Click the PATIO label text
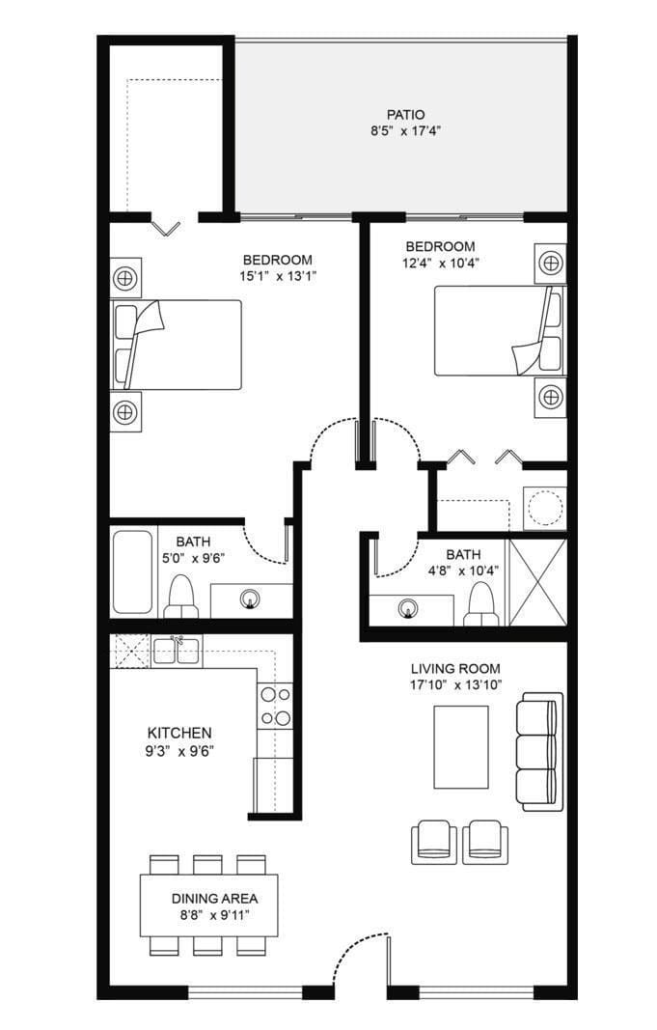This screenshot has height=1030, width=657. pos(405,115)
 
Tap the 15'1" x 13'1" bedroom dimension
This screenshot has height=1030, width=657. pos(278,276)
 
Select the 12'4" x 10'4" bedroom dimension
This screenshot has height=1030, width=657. pos(440,264)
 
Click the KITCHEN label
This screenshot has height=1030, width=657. pos(179,733)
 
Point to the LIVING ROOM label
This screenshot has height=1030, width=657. pos(455,669)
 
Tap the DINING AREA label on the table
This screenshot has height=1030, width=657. pos(214,899)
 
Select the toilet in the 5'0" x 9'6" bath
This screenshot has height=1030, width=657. pos(180,597)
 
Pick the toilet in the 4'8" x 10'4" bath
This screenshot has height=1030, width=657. pos(480,603)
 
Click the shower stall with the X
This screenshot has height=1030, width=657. pos(537,582)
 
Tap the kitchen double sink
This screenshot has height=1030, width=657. pos(176,651)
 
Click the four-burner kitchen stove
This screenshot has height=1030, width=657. pos(275,707)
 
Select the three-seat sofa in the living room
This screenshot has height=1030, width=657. pos(539,751)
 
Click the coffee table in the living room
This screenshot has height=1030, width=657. pos(461,747)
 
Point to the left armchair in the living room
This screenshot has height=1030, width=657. pos(434,842)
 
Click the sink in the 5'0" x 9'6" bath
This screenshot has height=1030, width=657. pos(249,599)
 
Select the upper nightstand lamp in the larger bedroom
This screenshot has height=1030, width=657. pos(124,278)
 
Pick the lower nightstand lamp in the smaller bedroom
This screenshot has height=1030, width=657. pos(550,397)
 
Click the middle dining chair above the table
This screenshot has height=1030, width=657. pos(208,865)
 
